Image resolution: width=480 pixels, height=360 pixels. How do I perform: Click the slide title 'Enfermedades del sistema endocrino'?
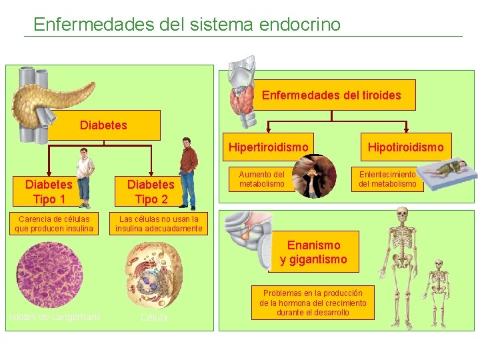click(x=187, y=25)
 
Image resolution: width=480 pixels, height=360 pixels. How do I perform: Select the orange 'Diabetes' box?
click(x=104, y=125)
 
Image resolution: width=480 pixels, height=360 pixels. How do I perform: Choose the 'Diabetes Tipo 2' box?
click(x=151, y=191)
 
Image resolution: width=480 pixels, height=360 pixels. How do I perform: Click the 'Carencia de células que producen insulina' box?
click(x=55, y=224)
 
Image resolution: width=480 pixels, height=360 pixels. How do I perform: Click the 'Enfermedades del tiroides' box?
click(x=331, y=95)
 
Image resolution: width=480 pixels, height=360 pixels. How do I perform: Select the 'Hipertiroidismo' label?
click(x=269, y=147)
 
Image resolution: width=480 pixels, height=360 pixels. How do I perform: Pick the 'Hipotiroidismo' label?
click(x=405, y=147)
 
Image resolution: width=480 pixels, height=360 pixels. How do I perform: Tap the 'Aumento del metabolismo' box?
click(x=262, y=179)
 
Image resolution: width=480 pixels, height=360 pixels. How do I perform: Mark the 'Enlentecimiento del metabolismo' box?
click(x=387, y=179)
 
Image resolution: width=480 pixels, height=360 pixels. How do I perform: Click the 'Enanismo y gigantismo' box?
click(x=313, y=252)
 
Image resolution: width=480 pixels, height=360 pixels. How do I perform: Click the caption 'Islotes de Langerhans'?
click(x=54, y=317)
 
